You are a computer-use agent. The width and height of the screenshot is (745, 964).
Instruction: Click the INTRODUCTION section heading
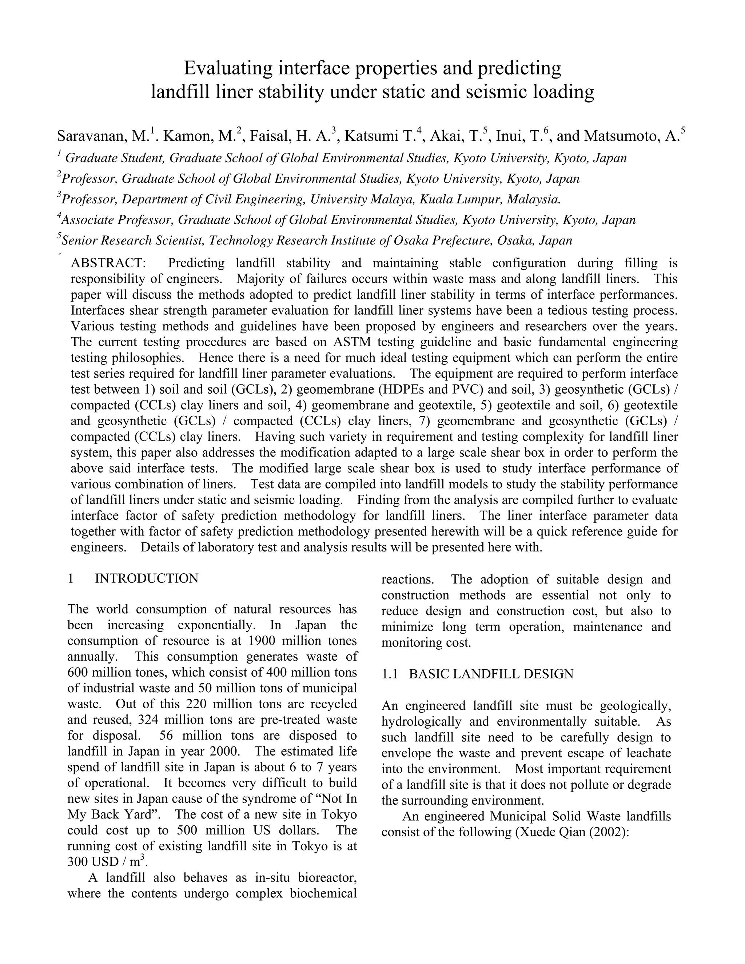tap(147, 578)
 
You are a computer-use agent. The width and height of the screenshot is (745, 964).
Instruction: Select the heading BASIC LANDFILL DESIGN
tap(491, 674)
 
